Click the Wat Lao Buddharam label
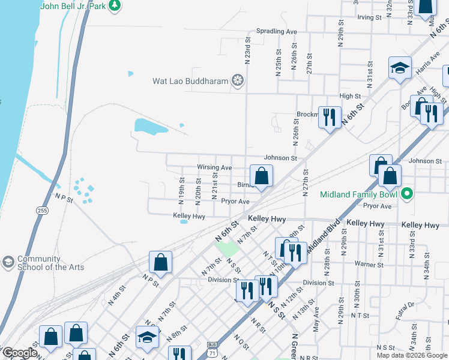[x=190, y=80]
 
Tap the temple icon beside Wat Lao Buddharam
[x=238, y=80]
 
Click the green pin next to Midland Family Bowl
[x=406, y=194]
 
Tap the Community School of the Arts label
[x=51, y=263]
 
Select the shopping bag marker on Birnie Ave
[x=261, y=176]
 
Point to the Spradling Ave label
[x=277, y=31]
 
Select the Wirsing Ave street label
[x=214, y=167]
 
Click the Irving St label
[x=369, y=17]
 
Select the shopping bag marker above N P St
[x=160, y=262]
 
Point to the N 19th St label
[x=181, y=188]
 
